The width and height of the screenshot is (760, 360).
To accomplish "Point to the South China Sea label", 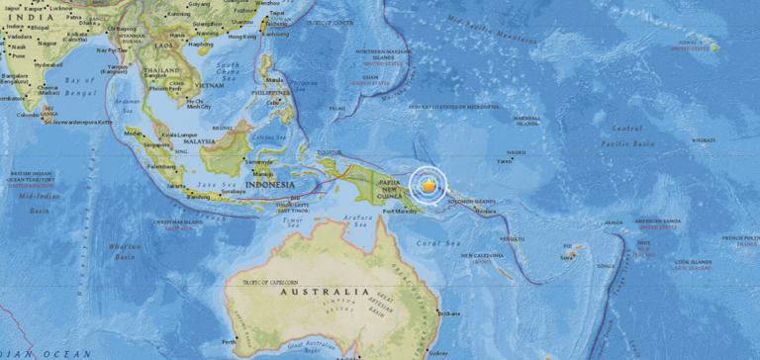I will (228, 71).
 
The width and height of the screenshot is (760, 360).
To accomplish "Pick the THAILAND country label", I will (160, 71).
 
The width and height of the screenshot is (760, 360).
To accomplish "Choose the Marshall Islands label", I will (525, 120).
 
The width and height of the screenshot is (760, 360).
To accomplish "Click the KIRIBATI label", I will (705, 141).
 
